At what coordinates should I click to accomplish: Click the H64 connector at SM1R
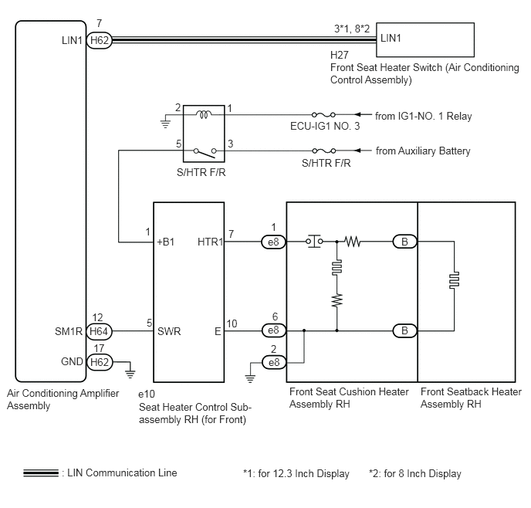point(99,331)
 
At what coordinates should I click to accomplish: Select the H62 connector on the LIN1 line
point(99,40)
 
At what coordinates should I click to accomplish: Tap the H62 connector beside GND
point(100,362)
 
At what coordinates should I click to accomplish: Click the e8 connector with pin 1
point(274,242)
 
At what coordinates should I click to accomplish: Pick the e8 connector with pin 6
point(274,330)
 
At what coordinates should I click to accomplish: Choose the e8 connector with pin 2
point(274,362)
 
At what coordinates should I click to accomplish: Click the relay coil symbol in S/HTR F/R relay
point(204,114)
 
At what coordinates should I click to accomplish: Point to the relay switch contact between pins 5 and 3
point(205,153)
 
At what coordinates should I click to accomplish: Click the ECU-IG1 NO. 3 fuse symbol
point(323,115)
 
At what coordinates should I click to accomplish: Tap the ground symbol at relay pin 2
point(165,124)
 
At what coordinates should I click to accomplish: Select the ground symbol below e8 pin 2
point(250,378)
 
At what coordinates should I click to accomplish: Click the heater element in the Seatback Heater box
point(454,280)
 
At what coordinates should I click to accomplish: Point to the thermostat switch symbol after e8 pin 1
point(314,241)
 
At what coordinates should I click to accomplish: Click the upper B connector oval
point(404,242)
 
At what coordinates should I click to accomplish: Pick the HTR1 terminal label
point(210,242)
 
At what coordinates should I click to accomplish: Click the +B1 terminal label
point(166,242)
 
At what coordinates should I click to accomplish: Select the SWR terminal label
point(169,331)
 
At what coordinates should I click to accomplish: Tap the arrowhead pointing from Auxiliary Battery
point(358,151)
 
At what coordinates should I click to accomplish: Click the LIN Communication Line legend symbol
point(41,473)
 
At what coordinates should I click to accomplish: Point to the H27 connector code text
point(340,55)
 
